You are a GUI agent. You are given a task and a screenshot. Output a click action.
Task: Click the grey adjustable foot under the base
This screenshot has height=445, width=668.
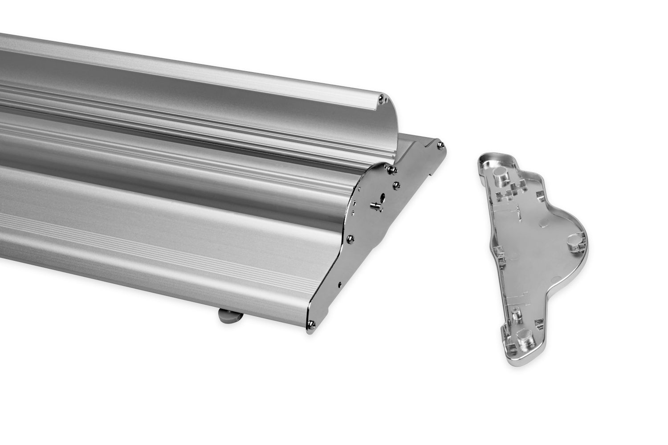pyautogui.click(x=230, y=317)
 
